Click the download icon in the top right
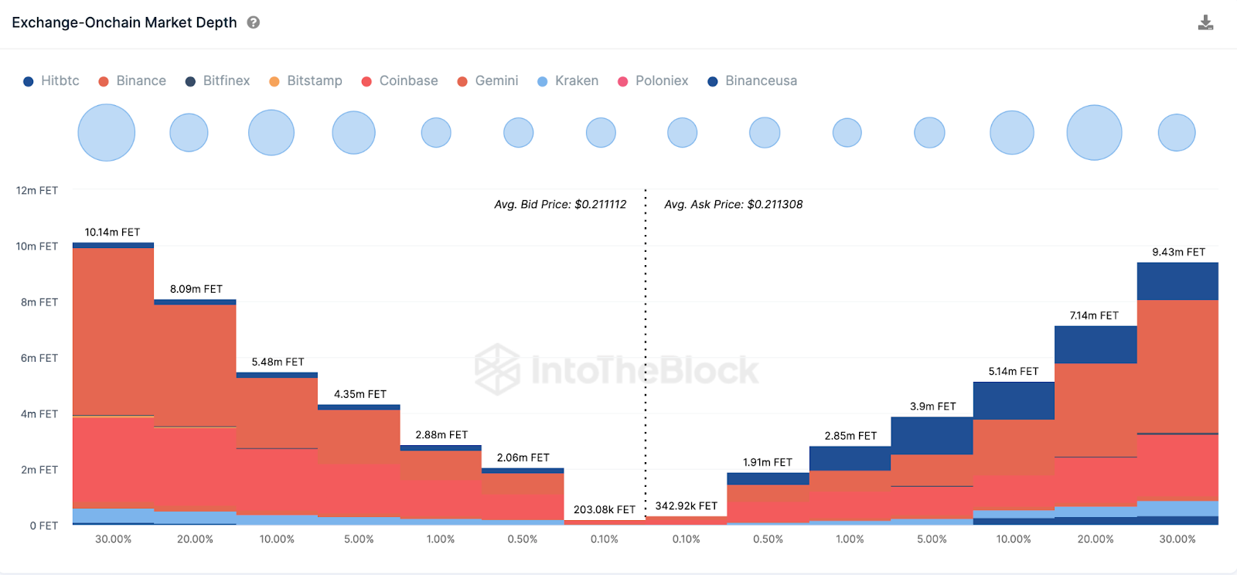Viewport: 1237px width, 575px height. click(x=1205, y=22)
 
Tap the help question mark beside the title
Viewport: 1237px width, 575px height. click(x=253, y=22)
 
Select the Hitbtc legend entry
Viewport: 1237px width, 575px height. click(x=51, y=81)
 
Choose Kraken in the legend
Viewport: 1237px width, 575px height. click(x=567, y=81)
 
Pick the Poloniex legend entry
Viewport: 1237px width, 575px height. click(x=653, y=81)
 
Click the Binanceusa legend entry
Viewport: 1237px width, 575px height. click(x=752, y=81)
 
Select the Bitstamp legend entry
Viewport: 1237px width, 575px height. click(x=305, y=81)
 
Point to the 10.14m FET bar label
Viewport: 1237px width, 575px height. click(x=112, y=232)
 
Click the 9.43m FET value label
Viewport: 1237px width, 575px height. click(x=1178, y=252)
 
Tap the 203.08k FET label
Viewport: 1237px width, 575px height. click(x=604, y=509)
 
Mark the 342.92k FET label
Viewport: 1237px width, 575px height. click(x=686, y=505)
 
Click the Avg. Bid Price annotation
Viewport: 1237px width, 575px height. click(x=561, y=204)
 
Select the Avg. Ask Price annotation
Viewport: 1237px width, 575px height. click(x=733, y=204)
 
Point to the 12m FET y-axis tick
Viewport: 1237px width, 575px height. click(x=37, y=190)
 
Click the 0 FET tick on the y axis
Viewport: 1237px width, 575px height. click(x=43, y=526)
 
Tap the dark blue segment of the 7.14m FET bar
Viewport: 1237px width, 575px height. click(x=1095, y=345)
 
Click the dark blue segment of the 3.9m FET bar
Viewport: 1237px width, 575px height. click(x=932, y=435)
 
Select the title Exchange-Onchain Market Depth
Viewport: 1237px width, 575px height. click(x=124, y=22)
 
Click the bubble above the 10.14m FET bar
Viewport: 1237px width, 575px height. click(x=107, y=133)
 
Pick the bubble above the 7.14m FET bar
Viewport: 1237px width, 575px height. click(x=1094, y=133)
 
